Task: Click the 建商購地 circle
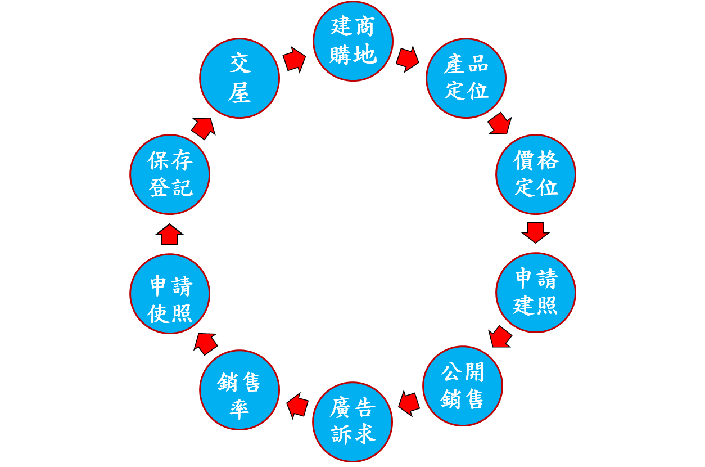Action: [x=352, y=41]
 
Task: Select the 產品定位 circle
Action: [x=466, y=78]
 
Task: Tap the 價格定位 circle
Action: [x=535, y=174]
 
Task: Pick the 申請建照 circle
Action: [x=535, y=293]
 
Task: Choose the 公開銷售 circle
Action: [x=462, y=386]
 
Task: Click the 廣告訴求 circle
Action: [x=352, y=422]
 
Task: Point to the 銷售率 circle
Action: [x=239, y=390]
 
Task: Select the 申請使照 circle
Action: [x=170, y=294]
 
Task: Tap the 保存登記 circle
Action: [x=170, y=174]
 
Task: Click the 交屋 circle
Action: [x=239, y=78]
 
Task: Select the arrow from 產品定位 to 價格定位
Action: [x=499, y=124]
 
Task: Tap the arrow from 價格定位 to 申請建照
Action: [x=535, y=231]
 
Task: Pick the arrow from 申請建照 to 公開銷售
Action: [x=500, y=337]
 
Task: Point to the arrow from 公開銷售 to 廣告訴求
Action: [x=409, y=403]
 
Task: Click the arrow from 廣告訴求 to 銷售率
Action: [x=297, y=405]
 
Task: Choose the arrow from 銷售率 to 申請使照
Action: [x=206, y=343]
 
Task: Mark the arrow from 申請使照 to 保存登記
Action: [x=169, y=235]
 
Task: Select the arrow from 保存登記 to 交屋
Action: [x=204, y=128]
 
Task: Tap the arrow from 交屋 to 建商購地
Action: [x=295, y=59]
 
